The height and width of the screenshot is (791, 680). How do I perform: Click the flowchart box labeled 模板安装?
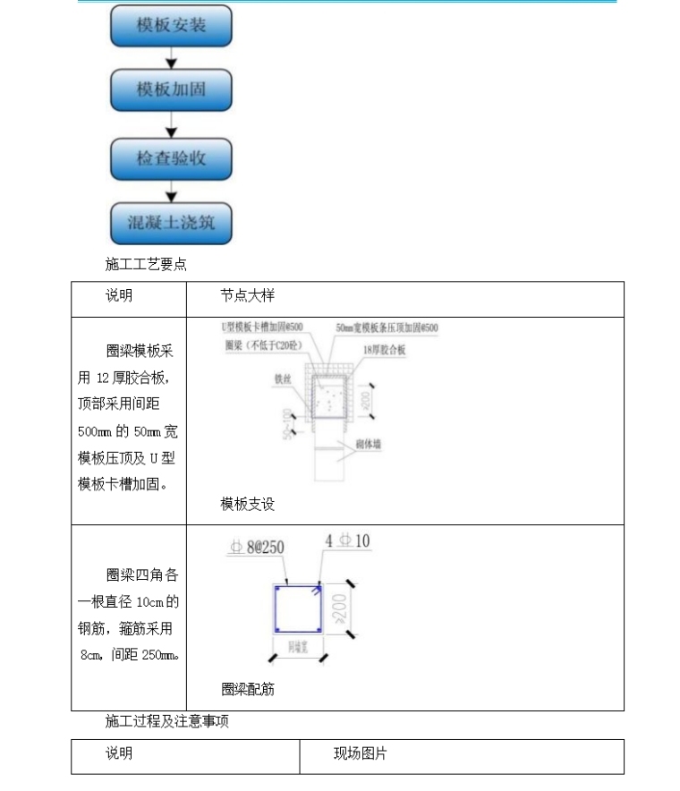click(171, 26)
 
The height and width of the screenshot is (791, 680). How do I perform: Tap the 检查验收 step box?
click(171, 158)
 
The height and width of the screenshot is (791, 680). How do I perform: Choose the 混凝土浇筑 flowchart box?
click(171, 223)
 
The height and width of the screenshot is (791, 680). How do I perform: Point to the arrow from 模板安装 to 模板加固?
click(171, 59)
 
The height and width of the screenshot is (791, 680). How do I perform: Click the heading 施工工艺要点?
click(146, 265)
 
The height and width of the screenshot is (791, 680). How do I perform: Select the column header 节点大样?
click(248, 296)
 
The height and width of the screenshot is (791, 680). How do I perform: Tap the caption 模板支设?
click(248, 505)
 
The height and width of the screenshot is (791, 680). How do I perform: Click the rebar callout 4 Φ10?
click(348, 541)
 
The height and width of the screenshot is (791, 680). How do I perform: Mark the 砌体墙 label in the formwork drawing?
click(368, 444)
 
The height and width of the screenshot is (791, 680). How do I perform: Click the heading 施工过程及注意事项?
click(166, 721)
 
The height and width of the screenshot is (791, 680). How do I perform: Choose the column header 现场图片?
click(361, 754)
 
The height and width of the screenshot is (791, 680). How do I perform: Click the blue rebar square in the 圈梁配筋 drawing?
click(299, 609)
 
